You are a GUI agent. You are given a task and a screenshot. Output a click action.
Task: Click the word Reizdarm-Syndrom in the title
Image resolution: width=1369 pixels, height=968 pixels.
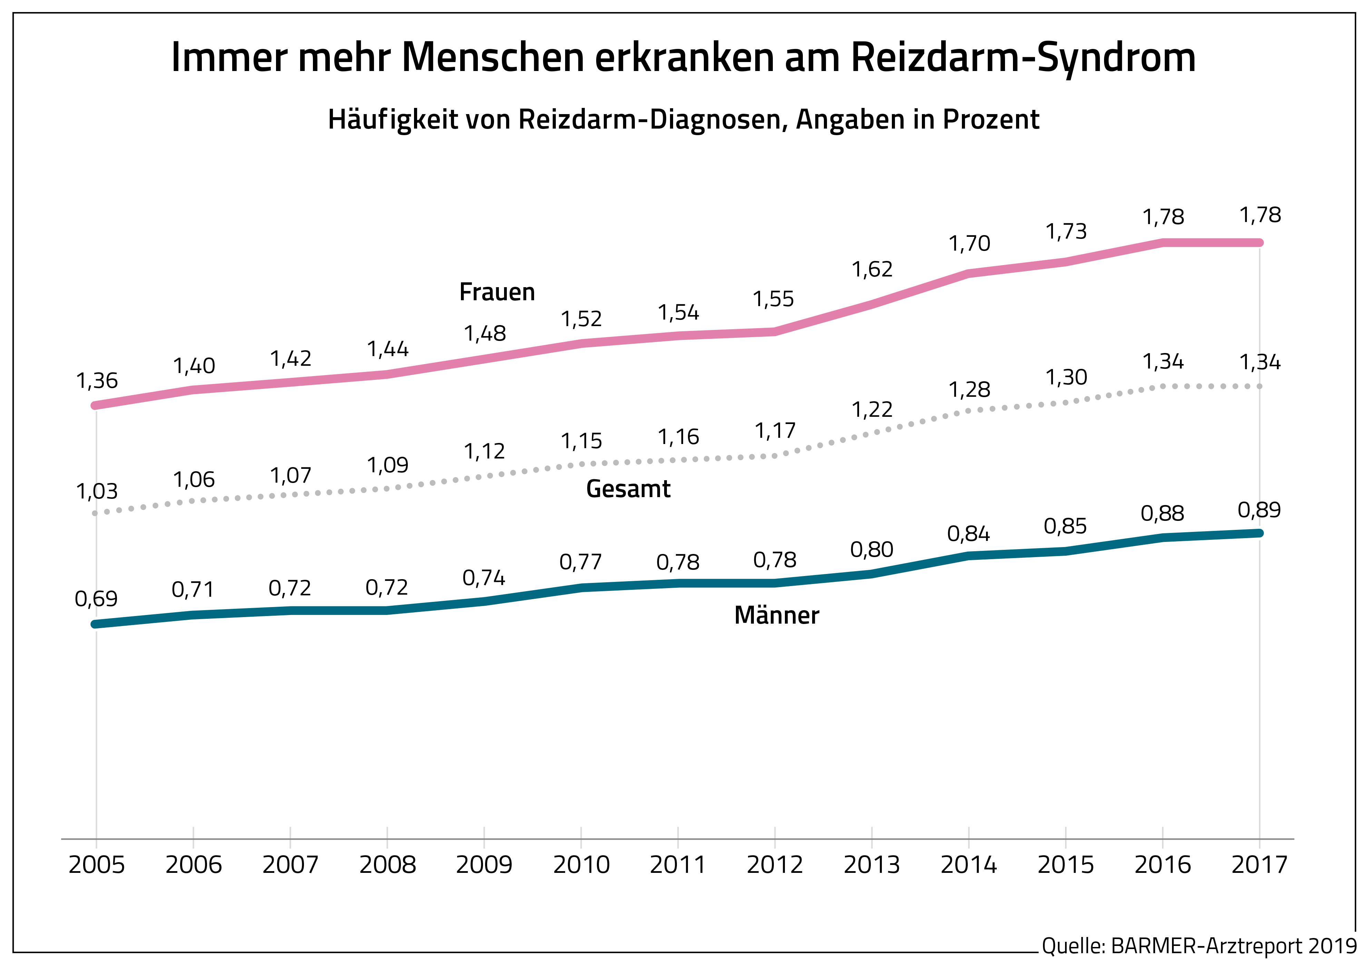point(1022,58)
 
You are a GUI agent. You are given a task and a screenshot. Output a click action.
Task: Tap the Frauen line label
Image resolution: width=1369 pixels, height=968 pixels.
point(497,292)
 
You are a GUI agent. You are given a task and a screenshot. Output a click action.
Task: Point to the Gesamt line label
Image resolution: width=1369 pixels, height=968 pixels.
point(628,489)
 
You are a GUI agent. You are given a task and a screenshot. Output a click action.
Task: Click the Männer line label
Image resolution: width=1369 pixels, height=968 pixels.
point(777,615)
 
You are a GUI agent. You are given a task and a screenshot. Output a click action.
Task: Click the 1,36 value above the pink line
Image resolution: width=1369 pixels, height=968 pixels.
point(97,380)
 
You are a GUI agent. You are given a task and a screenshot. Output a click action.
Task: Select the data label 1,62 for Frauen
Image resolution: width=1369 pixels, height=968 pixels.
point(872,270)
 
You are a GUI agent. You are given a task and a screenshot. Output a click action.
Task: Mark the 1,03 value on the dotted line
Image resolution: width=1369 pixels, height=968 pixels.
point(97,491)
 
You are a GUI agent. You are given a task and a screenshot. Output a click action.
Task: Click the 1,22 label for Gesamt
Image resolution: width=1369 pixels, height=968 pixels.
point(872,410)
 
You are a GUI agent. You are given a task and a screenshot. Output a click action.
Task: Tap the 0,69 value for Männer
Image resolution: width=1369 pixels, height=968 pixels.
point(96,598)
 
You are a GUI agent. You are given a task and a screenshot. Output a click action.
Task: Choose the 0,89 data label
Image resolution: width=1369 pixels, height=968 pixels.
point(1259,510)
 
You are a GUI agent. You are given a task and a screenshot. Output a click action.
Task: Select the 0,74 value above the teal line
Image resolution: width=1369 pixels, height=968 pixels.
point(484,577)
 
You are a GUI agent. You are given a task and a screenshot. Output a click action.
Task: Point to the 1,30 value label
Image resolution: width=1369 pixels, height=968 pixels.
point(1066,377)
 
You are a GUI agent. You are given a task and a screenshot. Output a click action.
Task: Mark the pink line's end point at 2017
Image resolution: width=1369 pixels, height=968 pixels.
point(1259,243)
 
